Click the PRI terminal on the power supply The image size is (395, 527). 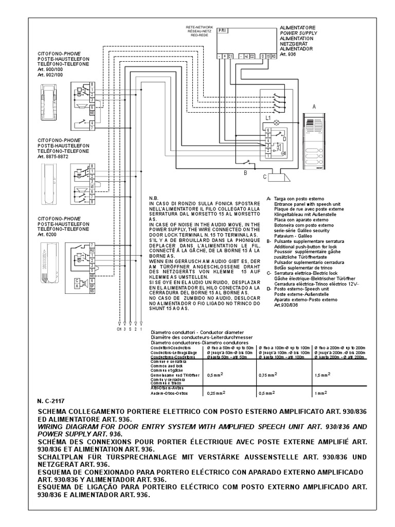click(x=222, y=30)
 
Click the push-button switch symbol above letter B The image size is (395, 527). click(x=249, y=162)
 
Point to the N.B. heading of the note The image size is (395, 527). click(x=154, y=198)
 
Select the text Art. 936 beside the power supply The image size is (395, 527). click(x=289, y=55)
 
